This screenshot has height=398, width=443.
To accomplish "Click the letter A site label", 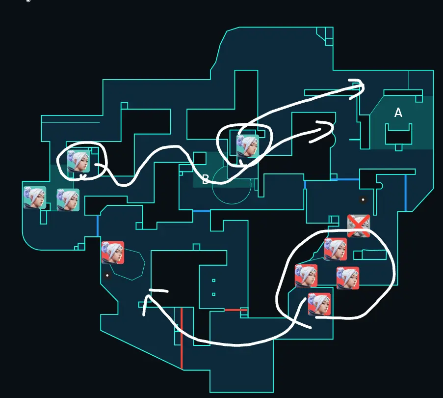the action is pyautogui.click(x=398, y=113).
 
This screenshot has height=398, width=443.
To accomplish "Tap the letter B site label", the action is pyautogui.click(x=206, y=179).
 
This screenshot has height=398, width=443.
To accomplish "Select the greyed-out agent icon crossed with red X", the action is pyautogui.click(x=359, y=226).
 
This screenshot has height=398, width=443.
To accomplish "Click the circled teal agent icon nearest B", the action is pyautogui.click(x=248, y=146).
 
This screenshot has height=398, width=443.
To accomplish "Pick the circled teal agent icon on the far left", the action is pyautogui.click(x=78, y=161).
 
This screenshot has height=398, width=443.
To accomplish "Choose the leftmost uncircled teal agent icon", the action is pyautogui.click(x=35, y=198).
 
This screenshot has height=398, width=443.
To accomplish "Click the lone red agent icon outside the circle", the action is pyautogui.click(x=113, y=253).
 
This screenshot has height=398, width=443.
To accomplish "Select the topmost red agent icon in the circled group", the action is pyautogui.click(x=336, y=249).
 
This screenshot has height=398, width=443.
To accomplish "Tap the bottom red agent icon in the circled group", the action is pyautogui.click(x=319, y=304).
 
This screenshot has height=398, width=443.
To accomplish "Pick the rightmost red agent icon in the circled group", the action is pyautogui.click(x=348, y=278).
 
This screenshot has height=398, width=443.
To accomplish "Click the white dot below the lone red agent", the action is pyautogui.click(x=107, y=275).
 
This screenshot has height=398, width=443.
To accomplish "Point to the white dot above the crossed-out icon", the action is pyautogui.click(x=363, y=199).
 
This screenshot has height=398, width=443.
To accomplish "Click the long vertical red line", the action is pyautogui.click(x=182, y=339).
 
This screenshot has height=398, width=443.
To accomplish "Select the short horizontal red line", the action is pyautogui.click(x=235, y=310).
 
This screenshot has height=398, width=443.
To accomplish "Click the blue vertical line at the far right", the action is pyautogui.click(x=406, y=193).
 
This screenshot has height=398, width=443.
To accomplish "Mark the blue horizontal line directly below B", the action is pyautogui.click(x=202, y=211).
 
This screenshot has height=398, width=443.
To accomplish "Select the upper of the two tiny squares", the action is pyautogui.click(x=213, y=281).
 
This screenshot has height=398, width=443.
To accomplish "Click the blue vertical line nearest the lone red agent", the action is pyautogui.click(x=98, y=226).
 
